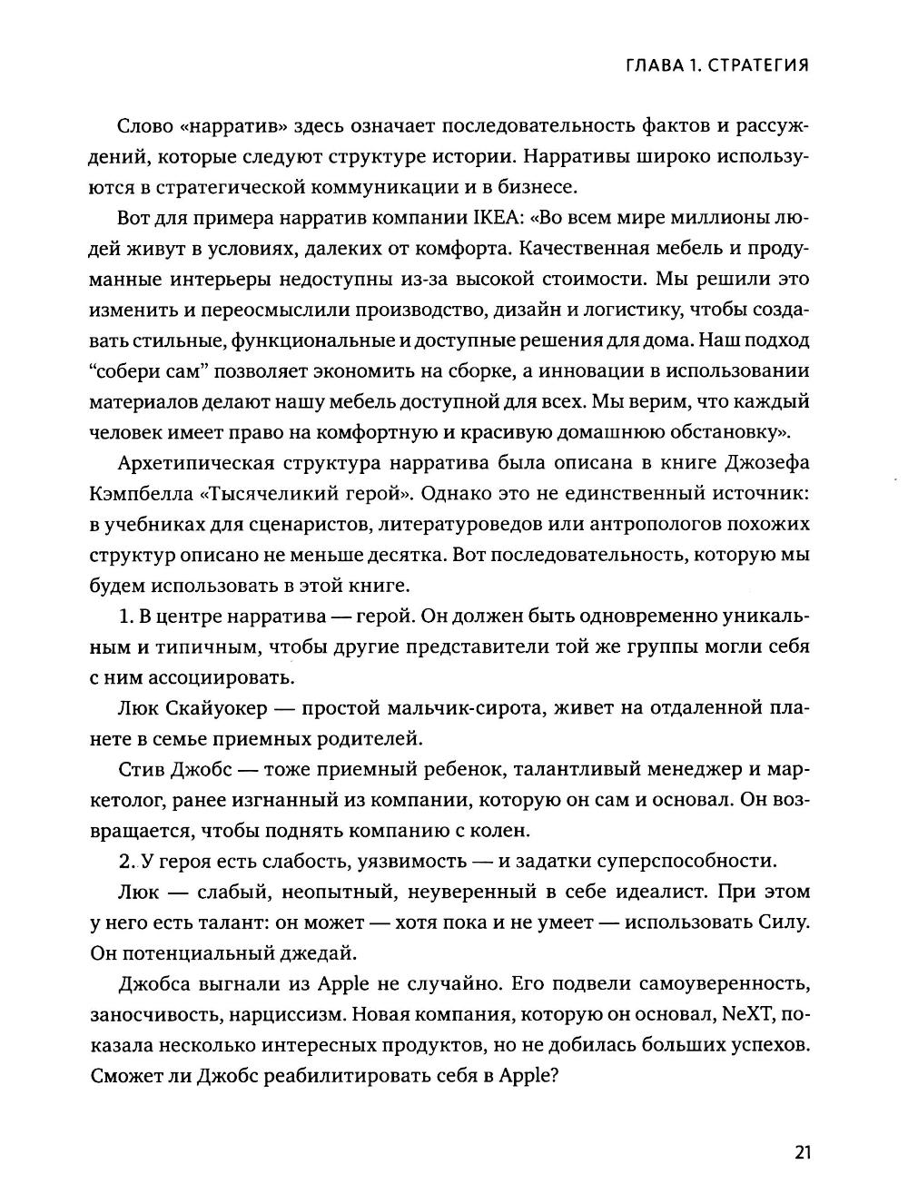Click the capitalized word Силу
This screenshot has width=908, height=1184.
(x=783, y=922)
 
